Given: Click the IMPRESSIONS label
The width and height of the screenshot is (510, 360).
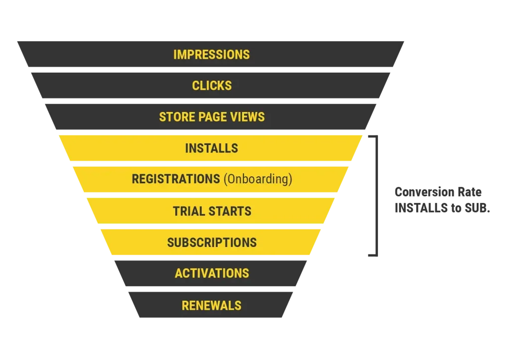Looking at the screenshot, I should (x=211, y=54).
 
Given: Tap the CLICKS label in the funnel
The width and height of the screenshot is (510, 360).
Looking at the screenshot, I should (x=212, y=86).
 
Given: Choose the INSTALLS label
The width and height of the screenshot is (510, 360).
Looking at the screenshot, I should (x=211, y=148).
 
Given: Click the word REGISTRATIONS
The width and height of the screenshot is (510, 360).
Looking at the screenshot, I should (x=175, y=179).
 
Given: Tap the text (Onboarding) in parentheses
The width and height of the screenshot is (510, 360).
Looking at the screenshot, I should (x=257, y=179).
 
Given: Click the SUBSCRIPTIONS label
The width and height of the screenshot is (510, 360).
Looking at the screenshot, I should (x=212, y=242).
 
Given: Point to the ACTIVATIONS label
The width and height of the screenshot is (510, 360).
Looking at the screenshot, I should (x=212, y=273).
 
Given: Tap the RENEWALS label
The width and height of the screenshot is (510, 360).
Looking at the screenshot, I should (x=211, y=305).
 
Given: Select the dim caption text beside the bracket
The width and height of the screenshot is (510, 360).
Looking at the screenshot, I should (x=441, y=200).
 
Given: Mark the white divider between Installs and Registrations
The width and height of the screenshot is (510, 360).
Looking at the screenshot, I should (x=211, y=164).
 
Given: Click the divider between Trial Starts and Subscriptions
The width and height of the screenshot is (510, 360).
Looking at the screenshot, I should (x=211, y=227).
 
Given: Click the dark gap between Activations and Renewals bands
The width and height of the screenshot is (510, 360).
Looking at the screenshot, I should (x=211, y=289).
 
